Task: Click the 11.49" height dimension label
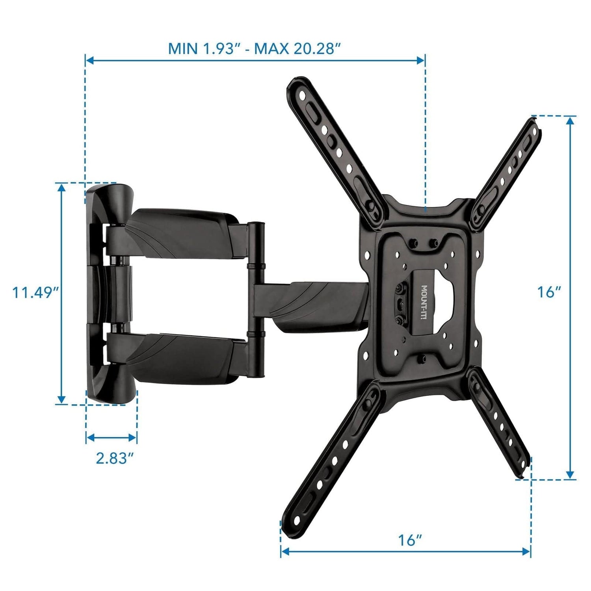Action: (x=36, y=293)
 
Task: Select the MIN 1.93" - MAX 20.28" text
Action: (x=254, y=49)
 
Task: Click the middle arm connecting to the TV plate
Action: (x=311, y=303)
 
